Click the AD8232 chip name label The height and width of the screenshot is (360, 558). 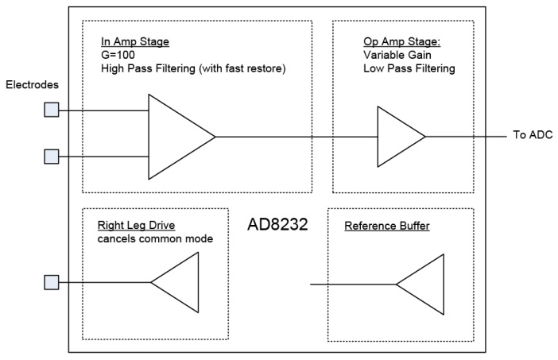pyautogui.click(x=277, y=224)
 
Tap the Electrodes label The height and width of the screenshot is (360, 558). pyautogui.click(x=32, y=85)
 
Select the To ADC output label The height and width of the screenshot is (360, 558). pyautogui.click(x=533, y=135)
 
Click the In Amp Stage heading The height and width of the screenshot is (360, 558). pyautogui.click(x=135, y=41)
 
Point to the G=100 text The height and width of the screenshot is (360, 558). pyautogui.click(x=118, y=55)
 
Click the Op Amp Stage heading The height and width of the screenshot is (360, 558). pyautogui.click(x=401, y=41)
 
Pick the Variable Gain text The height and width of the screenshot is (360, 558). pyautogui.click(x=397, y=55)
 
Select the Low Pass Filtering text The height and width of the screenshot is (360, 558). pyautogui.click(x=409, y=68)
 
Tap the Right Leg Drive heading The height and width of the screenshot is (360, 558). pyautogui.click(x=136, y=225)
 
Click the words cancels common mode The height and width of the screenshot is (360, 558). pyautogui.click(x=155, y=238)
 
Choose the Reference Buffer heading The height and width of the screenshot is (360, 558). pyautogui.click(x=387, y=226)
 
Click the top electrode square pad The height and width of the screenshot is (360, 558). pyautogui.click(x=52, y=110)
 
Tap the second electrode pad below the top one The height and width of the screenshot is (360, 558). pyautogui.click(x=52, y=157)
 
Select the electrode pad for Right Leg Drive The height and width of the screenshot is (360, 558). pyautogui.click(x=52, y=282)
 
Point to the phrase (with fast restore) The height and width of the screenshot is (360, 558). pyautogui.click(x=242, y=68)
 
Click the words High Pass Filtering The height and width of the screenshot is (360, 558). pyautogui.click(x=148, y=68)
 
